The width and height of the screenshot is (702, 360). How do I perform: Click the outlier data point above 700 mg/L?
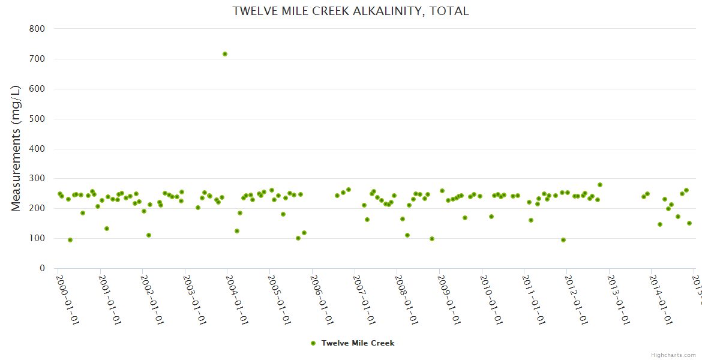[x=225, y=54]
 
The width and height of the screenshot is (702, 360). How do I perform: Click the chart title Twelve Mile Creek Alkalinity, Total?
[x=350, y=11]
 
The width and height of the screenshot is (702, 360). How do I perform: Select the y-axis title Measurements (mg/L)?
[x=16, y=148]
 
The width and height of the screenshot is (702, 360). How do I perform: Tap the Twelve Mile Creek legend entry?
[x=358, y=343]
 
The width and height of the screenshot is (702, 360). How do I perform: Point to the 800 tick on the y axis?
[x=37, y=29]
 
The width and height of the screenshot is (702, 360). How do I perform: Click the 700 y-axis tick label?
[x=37, y=59]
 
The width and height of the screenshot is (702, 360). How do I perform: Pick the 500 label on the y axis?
[x=37, y=119]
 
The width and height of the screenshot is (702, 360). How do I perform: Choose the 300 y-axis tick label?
[x=37, y=179]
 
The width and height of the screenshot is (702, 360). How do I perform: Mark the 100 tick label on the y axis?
[x=37, y=239]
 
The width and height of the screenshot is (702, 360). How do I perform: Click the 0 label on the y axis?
[x=42, y=269]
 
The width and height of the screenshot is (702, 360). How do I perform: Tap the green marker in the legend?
[x=313, y=343]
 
